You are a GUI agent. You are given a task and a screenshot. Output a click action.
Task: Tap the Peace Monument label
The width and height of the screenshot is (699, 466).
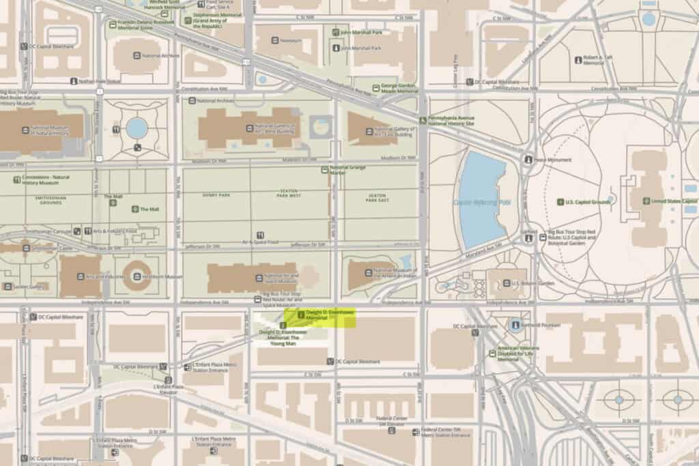(x=553, y=160)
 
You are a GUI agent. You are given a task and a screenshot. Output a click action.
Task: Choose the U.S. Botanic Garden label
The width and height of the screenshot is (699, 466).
(x=528, y=282)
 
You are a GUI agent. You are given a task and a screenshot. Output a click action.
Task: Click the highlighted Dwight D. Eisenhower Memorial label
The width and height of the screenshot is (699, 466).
(x=321, y=315)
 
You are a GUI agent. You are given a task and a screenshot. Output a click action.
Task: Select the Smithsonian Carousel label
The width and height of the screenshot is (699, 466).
(x=53, y=231)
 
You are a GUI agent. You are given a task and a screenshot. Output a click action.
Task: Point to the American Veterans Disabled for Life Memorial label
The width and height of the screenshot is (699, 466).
(x=519, y=356)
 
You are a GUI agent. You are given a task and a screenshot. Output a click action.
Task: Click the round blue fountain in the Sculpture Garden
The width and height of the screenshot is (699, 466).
(x=137, y=128)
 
